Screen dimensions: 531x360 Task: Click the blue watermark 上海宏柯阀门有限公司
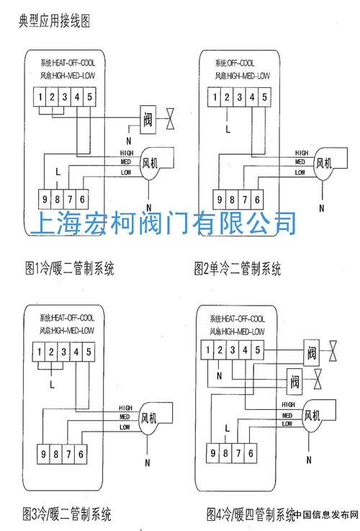click(163, 223)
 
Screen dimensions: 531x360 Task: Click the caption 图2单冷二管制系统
click(237, 269)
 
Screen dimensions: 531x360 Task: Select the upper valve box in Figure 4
click(311, 353)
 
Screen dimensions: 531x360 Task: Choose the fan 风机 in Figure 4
click(312, 416)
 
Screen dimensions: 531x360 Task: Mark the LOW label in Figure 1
click(126, 173)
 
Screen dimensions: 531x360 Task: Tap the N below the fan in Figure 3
click(148, 461)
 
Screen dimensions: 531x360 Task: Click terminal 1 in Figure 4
click(207, 352)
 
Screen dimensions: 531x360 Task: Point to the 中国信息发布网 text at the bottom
click(325, 516)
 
